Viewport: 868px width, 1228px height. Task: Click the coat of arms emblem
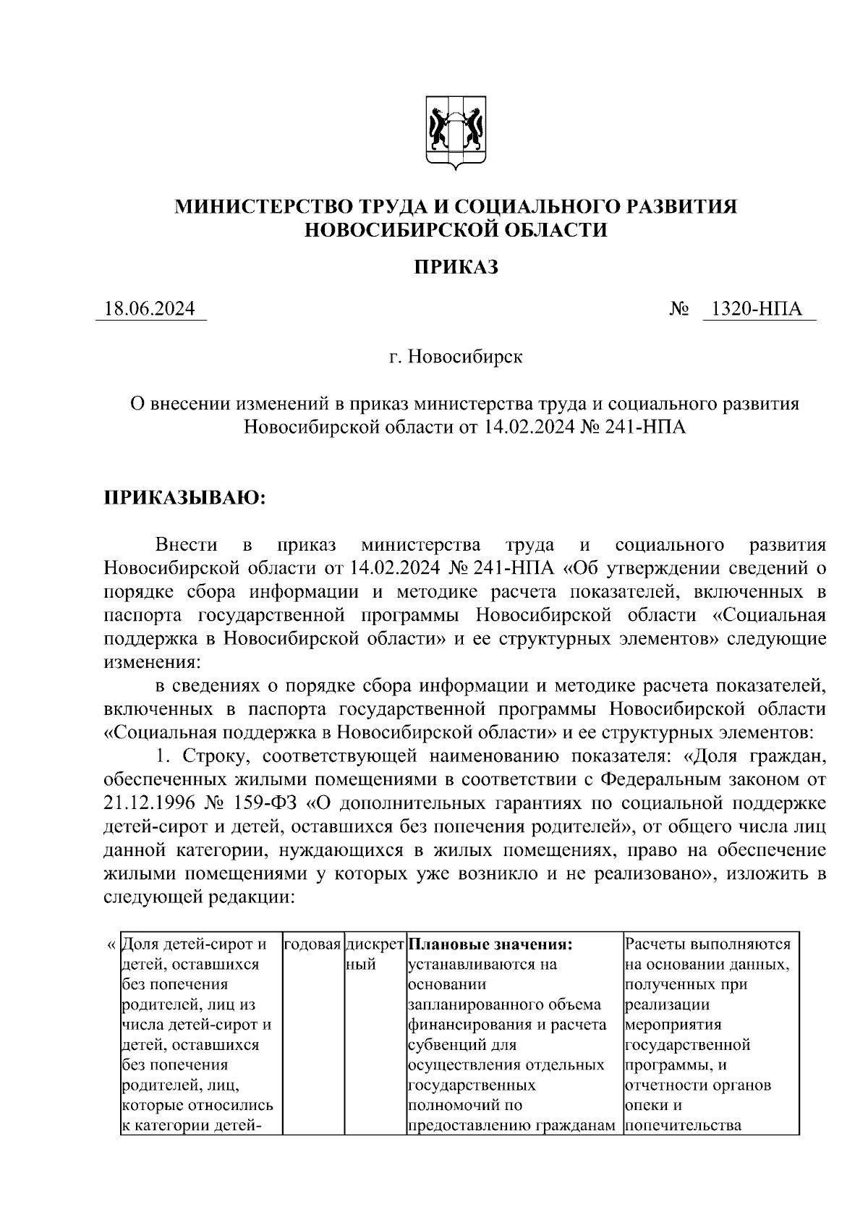point(456,132)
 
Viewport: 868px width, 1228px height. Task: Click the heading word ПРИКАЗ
point(456,268)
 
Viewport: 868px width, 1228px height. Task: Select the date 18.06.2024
point(150,309)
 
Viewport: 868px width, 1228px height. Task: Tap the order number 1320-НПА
point(757,309)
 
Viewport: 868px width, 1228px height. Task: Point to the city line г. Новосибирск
point(456,357)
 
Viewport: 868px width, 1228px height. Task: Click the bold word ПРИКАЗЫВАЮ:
point(186,498)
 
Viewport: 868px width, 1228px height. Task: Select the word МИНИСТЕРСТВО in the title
point(263,207)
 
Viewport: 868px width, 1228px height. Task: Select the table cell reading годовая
point(312,944)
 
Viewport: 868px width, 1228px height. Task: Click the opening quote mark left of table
point(110,944)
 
